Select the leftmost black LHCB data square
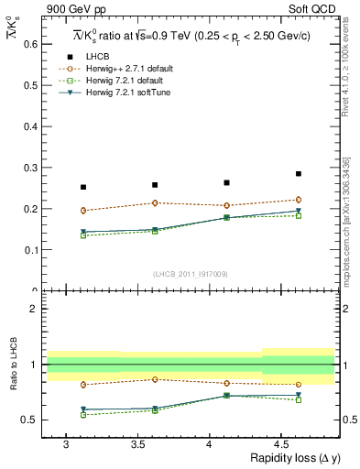pyautogui.click(x=83, y=187)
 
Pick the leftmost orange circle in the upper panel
pyautogui.click(x=83, y=211)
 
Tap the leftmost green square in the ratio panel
pyautogui.click(x=83, y=415)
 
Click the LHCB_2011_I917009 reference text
pyautogui.click(x=191, y=274)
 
